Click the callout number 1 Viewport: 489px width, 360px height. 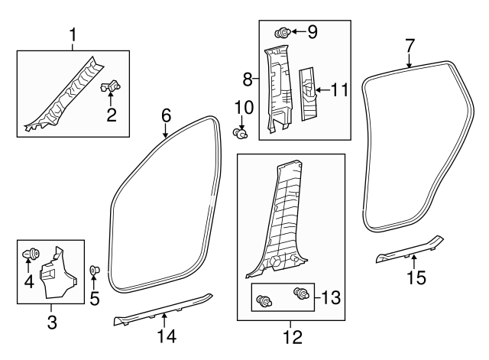coord(73,35)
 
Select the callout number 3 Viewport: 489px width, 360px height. coord(52,323)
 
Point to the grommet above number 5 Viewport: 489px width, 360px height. coord(95,270)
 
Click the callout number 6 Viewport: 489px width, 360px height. coord(165,115)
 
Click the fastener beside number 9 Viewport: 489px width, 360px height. coord(280,33)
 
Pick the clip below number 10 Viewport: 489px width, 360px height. coord(242,135)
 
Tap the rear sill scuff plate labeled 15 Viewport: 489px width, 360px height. coord(409,251)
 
